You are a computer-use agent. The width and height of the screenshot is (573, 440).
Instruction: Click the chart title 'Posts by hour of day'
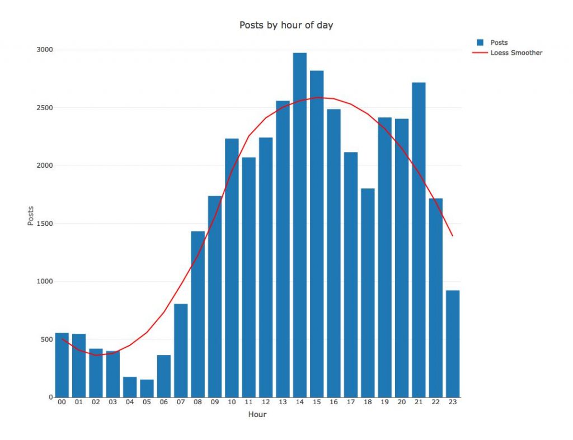[286, 25]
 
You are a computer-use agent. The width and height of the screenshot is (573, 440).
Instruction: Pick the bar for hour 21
[419, 240]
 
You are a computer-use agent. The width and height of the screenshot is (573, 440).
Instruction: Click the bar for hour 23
[453, 344]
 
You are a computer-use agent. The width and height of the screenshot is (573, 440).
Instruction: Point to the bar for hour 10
[232, 268]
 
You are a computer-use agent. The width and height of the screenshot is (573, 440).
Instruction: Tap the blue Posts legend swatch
[480, 42]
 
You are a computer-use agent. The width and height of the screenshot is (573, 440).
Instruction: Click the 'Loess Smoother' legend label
[516, 53]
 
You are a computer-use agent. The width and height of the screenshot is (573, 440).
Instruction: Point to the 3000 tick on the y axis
[45, 50]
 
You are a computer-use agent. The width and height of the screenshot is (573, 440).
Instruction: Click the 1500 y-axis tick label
[45, 224]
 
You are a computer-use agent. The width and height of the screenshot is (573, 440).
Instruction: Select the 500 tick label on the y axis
[47, 339]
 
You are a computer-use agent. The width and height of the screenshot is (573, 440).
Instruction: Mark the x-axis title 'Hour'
[257, 415]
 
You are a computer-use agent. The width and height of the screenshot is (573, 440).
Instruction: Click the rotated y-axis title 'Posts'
[31, 216]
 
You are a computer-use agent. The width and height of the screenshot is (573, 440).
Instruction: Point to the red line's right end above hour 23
[452, 236]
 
